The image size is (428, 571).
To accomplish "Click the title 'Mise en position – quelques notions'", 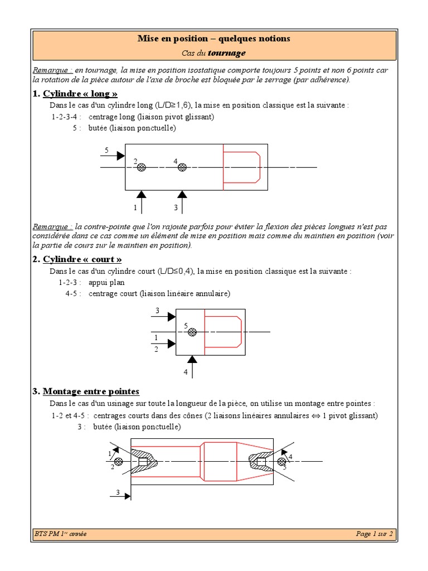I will (214, 39).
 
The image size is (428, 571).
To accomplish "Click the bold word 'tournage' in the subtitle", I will (226, 54).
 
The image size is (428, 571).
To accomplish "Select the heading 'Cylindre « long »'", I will (80, 93).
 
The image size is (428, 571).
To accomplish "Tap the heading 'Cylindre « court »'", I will (82, 259).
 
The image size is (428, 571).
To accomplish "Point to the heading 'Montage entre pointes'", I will (91, 391).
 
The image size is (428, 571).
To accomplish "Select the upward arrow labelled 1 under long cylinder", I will (142, 201).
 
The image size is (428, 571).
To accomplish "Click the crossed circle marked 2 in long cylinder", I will (142, 167).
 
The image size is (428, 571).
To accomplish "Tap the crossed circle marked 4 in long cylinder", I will (182, 167).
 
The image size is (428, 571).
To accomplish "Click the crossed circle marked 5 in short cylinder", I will (192, 332).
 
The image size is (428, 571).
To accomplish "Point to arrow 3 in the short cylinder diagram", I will (164, 316).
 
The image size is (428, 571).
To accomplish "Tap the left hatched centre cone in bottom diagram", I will (144, 461).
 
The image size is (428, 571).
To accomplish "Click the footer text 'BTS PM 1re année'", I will (60, 534).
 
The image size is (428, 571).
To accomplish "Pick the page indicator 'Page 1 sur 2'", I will (374, 534).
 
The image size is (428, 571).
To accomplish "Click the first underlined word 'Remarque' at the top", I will (52, 71).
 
